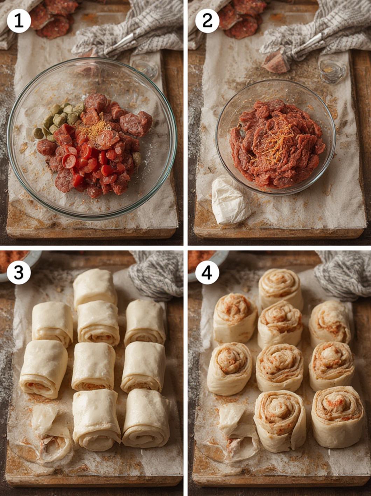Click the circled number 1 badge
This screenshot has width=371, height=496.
pos(19,21)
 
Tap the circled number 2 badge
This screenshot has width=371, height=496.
pos(207,21)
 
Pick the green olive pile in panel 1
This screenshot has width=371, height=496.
pos(57,121)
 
